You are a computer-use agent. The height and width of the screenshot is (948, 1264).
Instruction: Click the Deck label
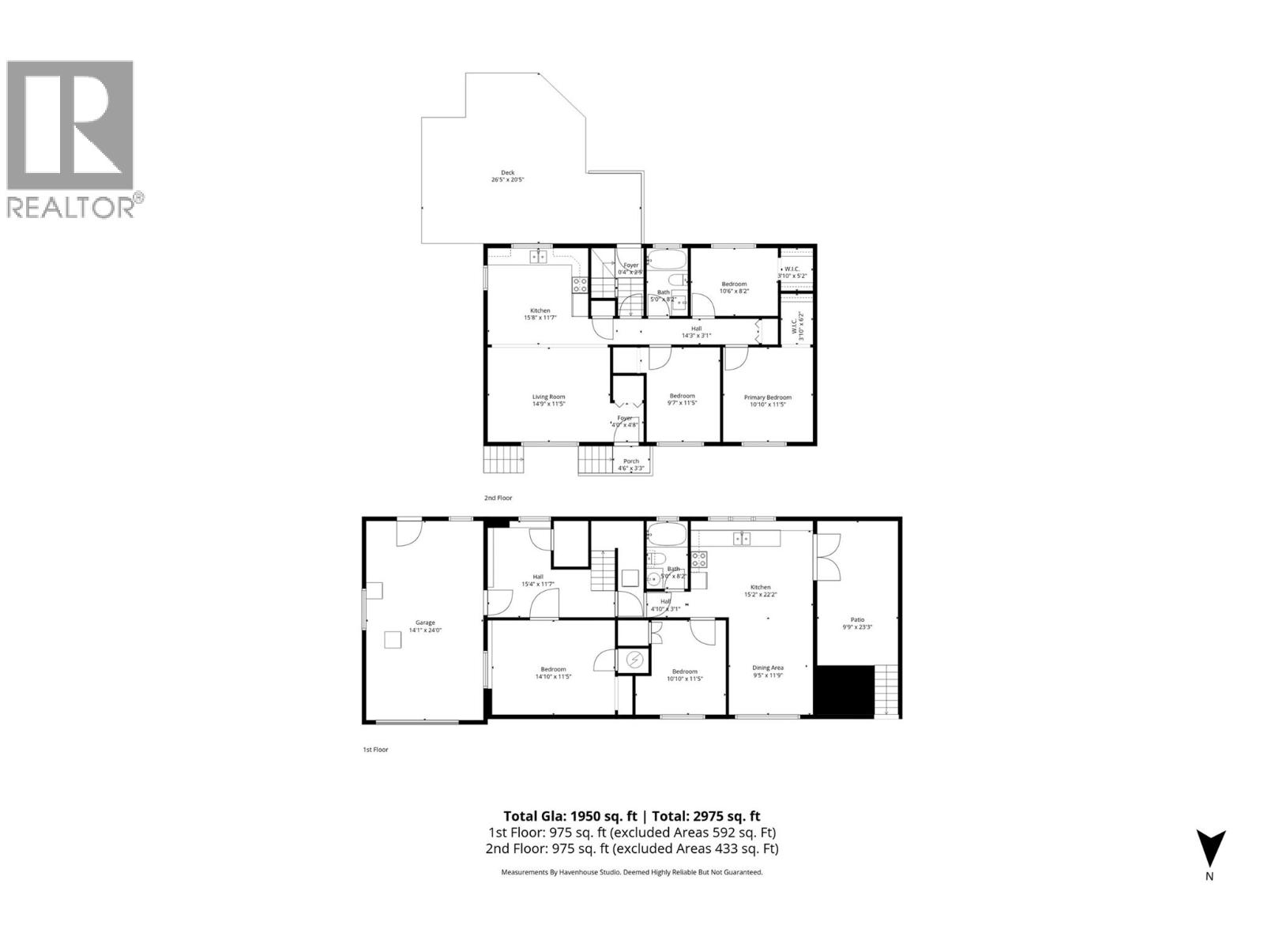507,176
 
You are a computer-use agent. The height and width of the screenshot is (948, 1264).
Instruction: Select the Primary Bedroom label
767,401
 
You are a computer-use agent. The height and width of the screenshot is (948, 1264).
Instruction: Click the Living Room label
548,400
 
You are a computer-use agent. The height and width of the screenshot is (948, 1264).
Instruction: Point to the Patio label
857,623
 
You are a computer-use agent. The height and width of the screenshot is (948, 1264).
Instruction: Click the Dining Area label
767,671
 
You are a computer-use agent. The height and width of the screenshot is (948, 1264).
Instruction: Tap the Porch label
630,465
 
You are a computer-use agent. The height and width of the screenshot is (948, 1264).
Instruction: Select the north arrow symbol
1209,849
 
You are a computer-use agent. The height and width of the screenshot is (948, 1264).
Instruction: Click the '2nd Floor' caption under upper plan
498,498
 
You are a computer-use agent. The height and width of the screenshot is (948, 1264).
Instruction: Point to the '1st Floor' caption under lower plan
375,749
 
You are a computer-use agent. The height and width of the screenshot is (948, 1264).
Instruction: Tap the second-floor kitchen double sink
538,257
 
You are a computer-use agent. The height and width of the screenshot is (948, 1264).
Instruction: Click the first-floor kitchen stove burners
699,560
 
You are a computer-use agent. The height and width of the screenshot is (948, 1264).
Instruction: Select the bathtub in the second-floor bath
669,260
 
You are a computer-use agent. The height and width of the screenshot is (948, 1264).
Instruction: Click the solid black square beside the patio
845,691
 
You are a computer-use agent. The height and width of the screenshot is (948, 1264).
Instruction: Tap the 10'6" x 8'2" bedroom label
734,287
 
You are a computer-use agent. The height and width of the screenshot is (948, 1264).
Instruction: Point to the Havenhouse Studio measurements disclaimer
632,872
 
